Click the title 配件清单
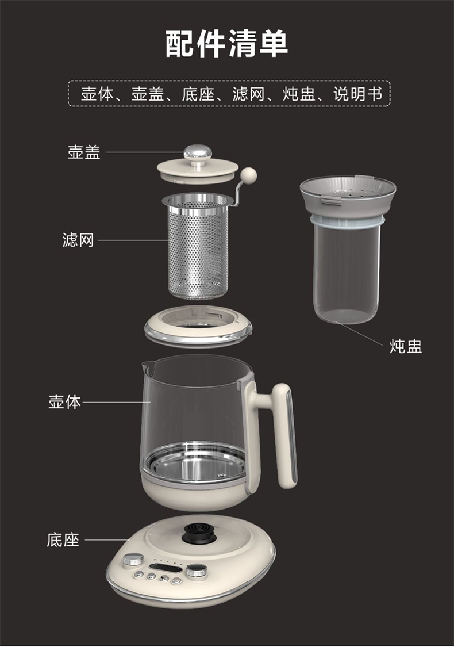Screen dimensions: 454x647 pos(226,43)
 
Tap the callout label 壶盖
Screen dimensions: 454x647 pos(84,152)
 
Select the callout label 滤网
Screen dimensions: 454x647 pos(78,240)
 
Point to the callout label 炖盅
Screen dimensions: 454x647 pos(406,346)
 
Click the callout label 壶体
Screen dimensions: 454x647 pos(65,401)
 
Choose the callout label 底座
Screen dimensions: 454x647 pos(63,539)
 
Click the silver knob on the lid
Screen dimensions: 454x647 pos(198,154)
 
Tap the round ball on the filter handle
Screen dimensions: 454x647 pos(249,175)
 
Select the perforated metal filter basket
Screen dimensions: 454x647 pos(198,247)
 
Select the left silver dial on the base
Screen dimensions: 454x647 pos(133,560)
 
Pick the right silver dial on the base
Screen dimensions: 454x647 pos(197,572)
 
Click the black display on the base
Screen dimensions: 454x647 pos(165,569)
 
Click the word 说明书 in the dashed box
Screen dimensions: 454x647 pos(357,94)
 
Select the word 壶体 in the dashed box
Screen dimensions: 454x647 pos(97,94)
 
